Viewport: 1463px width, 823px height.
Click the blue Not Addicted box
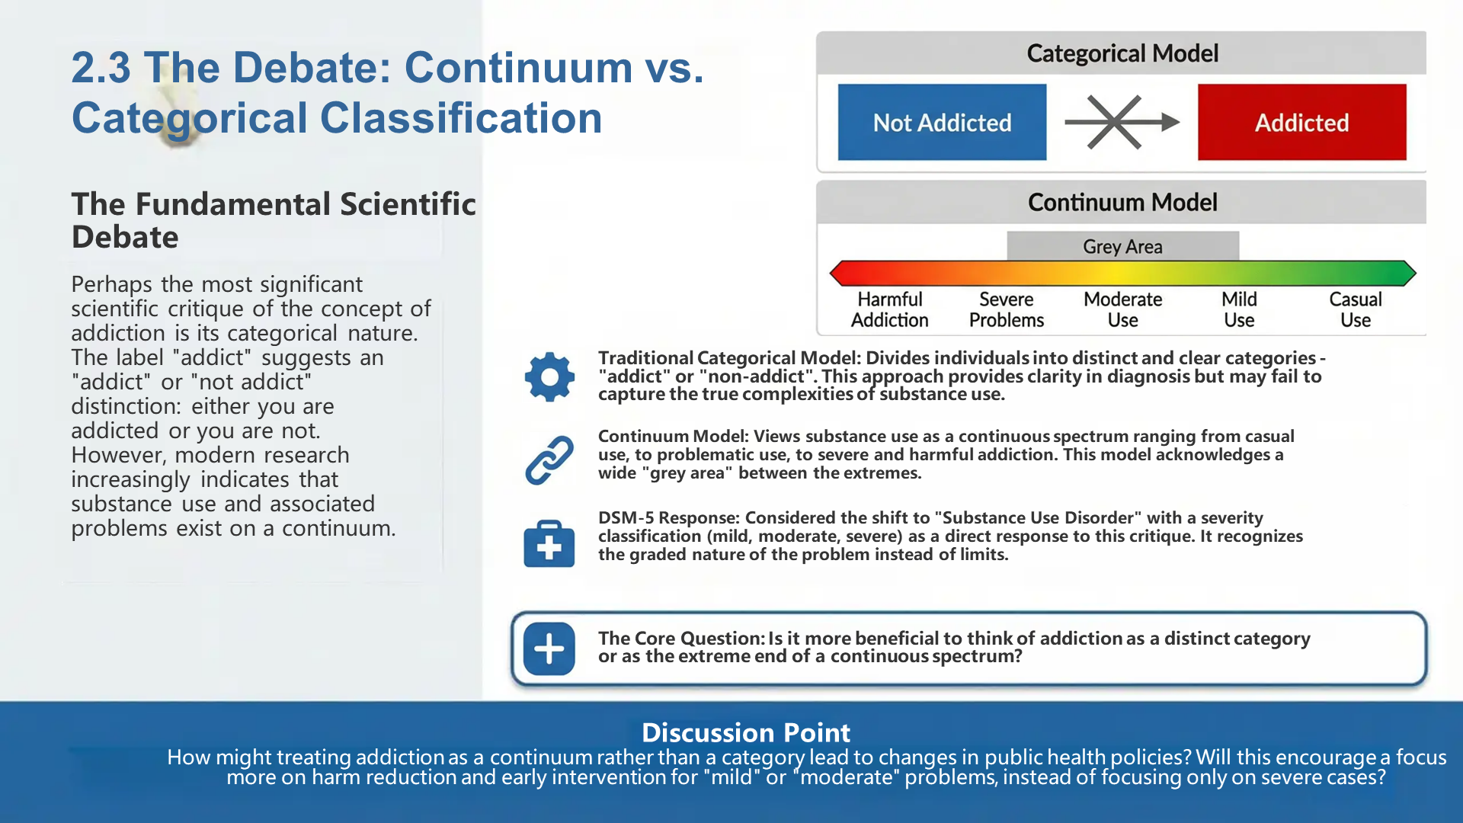tap(942, 122)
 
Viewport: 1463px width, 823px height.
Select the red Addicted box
tap(1301, 122)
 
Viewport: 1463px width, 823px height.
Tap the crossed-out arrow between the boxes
tap(1120, 122)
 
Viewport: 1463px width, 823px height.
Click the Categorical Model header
tap(1122, 53)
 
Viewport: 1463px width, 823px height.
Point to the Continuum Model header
tap(1122, 202)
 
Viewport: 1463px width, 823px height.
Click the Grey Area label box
tap(1122, 246)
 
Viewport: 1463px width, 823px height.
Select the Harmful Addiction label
tap(889, 309)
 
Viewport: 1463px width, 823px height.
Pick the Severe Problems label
tap(1006, 309)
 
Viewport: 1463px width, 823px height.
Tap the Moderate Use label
tap(1122, 309)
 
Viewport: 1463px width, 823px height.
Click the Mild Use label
tap(1239, 309)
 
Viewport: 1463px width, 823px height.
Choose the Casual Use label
tap(1355, 309)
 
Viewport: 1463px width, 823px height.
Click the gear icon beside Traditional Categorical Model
tap(549, 376)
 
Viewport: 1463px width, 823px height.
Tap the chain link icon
tap(549, 460)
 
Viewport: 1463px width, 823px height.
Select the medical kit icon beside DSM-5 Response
tap(549, 543)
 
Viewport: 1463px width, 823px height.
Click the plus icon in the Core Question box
tap(549, 648)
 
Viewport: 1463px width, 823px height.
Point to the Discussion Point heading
tap(745, 732)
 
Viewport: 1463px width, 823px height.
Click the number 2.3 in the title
tap(101, 67)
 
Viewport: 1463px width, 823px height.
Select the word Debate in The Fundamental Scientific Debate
tap(125, 237)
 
